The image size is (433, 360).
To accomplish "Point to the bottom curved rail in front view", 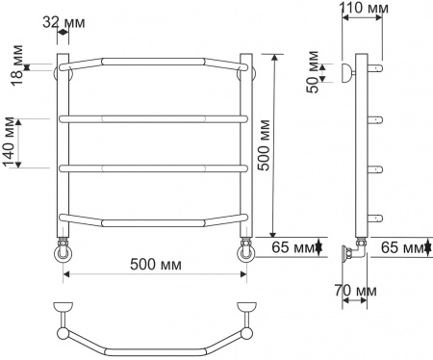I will tap(155, 219).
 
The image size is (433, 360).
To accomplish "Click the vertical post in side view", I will tap(362, 144).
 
